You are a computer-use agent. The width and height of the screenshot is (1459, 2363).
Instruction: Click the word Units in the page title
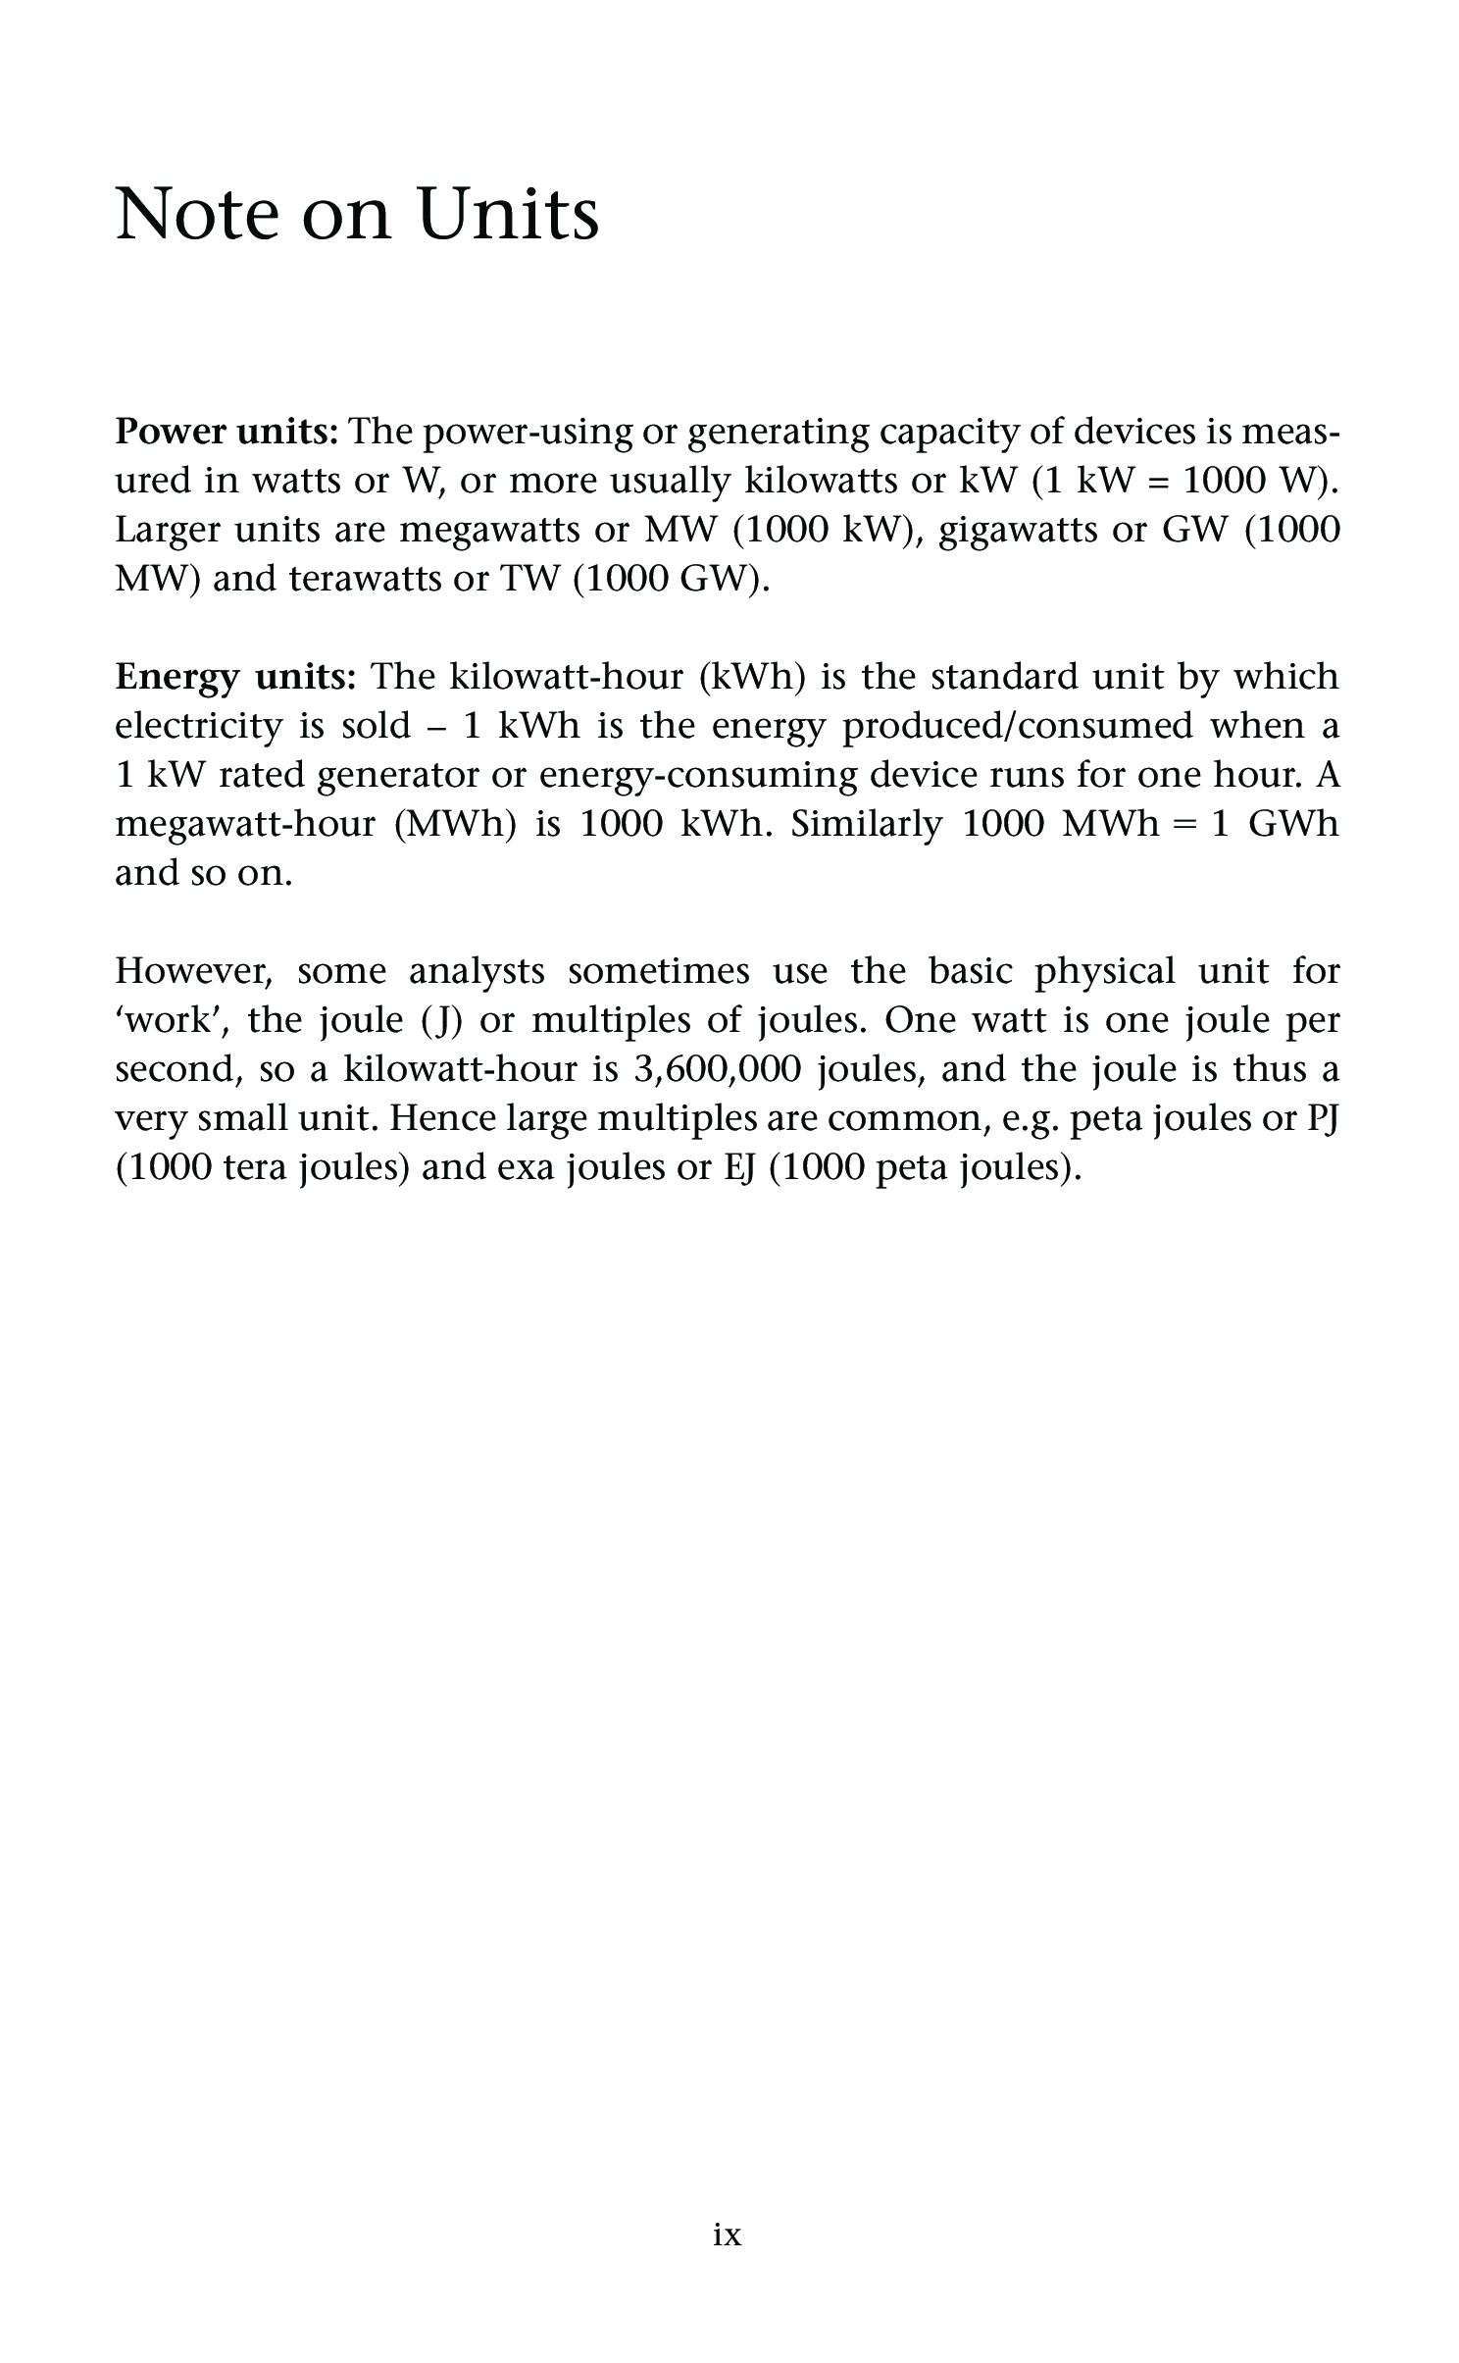pos(508,214)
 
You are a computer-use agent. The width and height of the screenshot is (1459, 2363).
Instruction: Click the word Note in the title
pos(197,214)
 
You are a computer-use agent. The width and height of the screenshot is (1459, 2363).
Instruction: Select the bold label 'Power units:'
pos(227,432)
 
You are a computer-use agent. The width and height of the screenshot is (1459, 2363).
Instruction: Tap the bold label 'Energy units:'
pos(235,677)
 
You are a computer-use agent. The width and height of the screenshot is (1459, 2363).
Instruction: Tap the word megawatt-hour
pos(245,824)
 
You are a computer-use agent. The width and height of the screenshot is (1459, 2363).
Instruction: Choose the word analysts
pos(477,971)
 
